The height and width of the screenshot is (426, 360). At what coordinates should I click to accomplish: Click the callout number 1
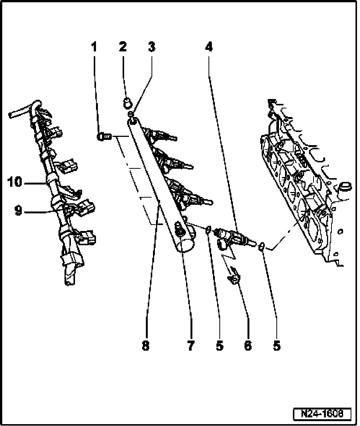[x=94, y=47]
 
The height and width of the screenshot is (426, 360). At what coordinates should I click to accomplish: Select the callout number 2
[x=123, y=47]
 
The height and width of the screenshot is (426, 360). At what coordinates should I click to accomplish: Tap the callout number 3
[x=151, y=47]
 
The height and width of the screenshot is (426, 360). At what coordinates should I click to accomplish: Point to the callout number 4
[x=208, y=47]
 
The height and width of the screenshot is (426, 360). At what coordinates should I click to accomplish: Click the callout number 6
[x=248, y=346]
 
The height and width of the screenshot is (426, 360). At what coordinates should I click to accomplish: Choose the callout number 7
[x=191, y=346]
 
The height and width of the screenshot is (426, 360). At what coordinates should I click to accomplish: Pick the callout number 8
[x=145, y=346]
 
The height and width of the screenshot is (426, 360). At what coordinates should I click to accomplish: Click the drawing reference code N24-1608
[x=322, y=414]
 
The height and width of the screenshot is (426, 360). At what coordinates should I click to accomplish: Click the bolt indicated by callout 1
[x=103, y=137]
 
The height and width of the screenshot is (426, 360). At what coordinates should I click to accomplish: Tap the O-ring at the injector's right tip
[x=262, y=246]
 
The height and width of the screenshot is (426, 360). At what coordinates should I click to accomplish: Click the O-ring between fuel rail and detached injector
[x=208, y=229]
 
